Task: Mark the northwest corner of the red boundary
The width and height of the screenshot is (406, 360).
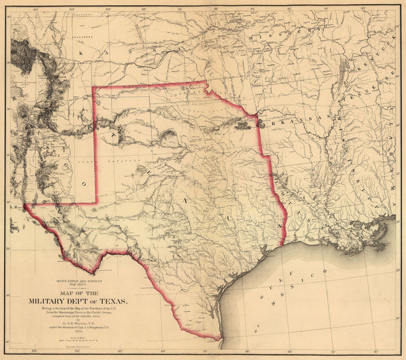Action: coord(93,87)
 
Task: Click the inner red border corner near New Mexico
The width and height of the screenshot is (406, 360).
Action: coord(96,202)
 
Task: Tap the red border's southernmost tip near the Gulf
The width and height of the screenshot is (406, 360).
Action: coord(219,340)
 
